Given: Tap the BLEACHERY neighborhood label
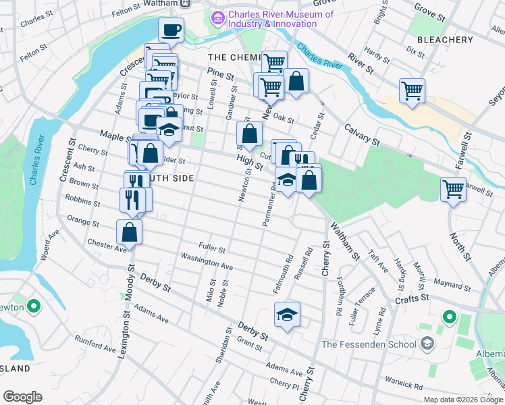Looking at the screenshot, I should click(445, 40).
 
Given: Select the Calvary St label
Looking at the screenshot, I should click(363, 132).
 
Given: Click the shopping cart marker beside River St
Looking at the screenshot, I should click(412, 90).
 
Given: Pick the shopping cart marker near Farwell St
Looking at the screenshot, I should click(453, 188).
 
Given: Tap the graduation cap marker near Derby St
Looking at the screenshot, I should click(287, 314).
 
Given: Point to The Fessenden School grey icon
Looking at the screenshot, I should click(427, 344).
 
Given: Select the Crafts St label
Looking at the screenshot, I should click(412, 298).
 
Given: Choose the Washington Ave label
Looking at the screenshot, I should click(207, 262).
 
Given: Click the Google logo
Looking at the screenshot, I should click(22, 397).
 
